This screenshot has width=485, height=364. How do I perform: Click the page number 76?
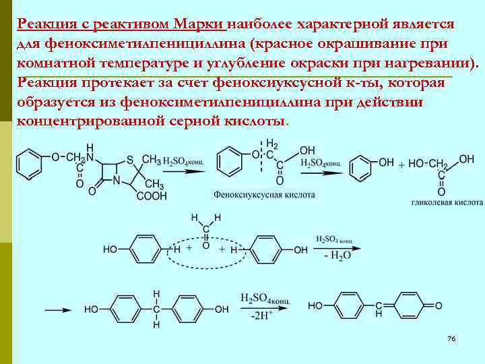coord(451,338)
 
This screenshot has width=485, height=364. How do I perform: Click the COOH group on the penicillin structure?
coord(152,196)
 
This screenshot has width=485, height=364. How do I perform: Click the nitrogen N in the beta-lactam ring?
coord(117,181)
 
